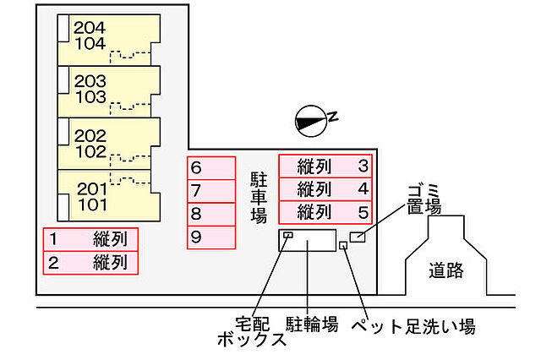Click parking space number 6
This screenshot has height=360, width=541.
(x=210, y=168)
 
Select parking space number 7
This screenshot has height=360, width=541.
(x=210, y=191)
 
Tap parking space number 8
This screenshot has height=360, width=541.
(x=210, y=214)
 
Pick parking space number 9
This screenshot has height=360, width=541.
(x=210, y=237)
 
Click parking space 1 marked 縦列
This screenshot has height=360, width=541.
(x=90, y=239)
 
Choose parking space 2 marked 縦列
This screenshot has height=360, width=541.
(x=90, y=262)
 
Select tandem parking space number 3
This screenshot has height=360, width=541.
(x=325, y=166)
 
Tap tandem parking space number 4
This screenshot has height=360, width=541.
(x=325, y=188)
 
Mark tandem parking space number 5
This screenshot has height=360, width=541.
(x=325, y=211)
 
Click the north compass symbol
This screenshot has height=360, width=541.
(x=311, y=121)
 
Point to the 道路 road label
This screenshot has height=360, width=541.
(x=446, y=271)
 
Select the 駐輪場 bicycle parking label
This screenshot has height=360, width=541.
(x=312, y=324)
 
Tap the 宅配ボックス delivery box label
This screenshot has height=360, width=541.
(x=252, y=332)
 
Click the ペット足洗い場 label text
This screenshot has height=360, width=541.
(x=413, y=325)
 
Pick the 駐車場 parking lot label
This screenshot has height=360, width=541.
(x=258, y=196)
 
